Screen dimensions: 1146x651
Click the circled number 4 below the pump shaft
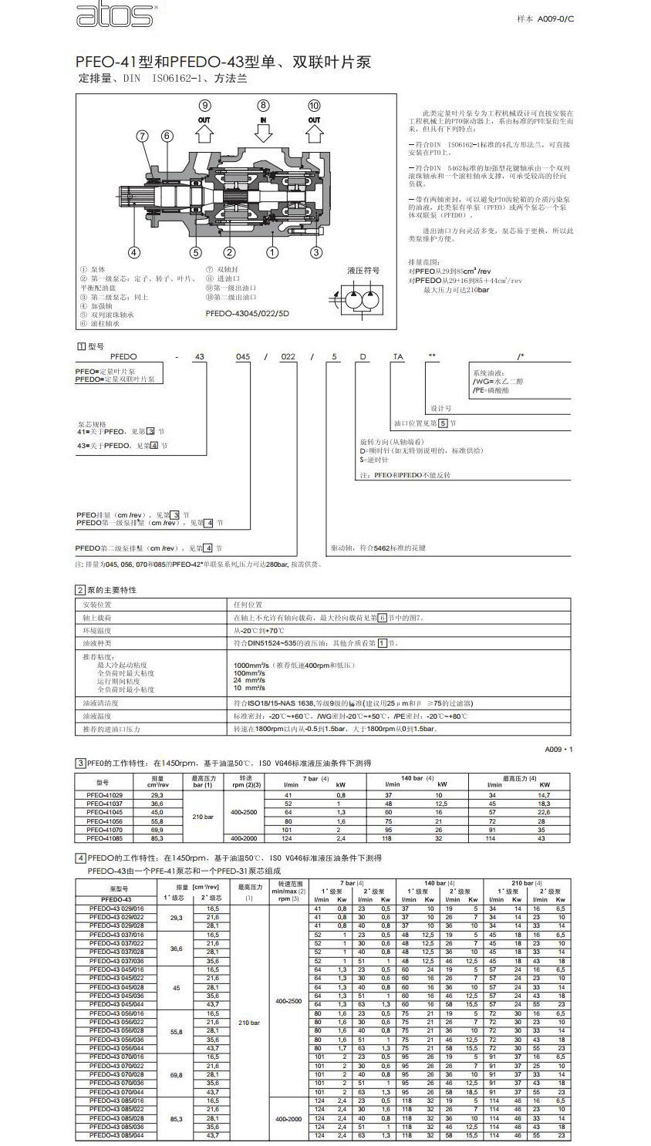pyautogui.click(x=133, y=251)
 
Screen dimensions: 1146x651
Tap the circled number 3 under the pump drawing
pyautogui.click(x=315, y=251)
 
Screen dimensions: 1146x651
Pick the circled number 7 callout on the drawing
pyautogui.click(x=141, y=136)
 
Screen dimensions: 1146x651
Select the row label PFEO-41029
pyautogui.click(x=104, y=795)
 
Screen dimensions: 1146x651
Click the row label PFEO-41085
pyautogui.click(x=104, y=838)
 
